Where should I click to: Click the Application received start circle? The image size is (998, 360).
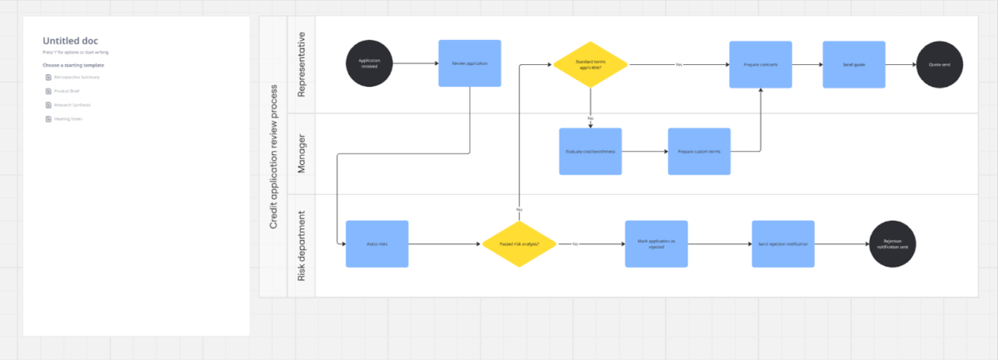[369, 63]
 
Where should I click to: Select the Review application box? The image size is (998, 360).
[469, 63]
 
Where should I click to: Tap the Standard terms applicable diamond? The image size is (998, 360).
[590, 64]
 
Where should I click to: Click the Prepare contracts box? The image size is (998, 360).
[760, 64]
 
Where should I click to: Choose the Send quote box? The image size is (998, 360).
[853, 64]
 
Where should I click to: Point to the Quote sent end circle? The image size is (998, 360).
[940, 64]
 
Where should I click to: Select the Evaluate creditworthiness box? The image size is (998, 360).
[590, 151]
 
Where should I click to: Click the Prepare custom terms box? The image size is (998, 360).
[699, 151]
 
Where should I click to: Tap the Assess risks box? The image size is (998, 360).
[377, 244]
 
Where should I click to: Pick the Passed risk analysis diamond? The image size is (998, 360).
[519, 244]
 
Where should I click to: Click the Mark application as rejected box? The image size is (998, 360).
[656, 244]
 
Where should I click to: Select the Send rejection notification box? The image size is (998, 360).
[783, 244]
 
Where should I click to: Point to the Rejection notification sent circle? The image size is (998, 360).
[892, 244]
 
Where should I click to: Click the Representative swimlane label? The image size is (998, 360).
[301, 64]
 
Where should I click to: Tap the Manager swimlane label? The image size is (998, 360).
[301, 153]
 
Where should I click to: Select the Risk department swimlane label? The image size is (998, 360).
[301, 245]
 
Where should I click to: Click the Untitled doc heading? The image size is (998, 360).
[71, 41]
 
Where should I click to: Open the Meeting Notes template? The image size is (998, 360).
[68, 119]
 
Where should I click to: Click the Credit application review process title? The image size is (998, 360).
[274, 156]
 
